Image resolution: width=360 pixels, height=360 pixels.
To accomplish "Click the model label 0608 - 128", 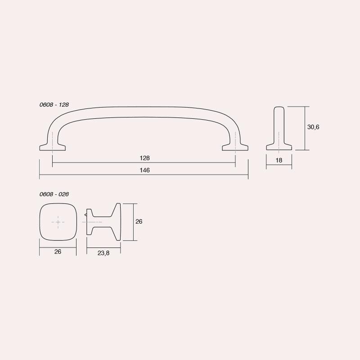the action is (x=54, y=105).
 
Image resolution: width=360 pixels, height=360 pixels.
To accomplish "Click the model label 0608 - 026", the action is (x=54, y=194).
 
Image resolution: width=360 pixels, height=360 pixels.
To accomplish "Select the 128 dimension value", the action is (x=144, y=158).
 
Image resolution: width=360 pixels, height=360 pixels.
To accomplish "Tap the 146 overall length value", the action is (x=144, y=170).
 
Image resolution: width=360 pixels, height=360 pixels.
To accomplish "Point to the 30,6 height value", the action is (x=313, y=127).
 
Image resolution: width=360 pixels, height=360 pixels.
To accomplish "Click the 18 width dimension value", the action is (x=279, y=160).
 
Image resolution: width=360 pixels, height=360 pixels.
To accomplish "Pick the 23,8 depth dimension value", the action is (x=103, y=253).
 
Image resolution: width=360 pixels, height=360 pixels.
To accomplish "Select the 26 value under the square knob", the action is (x=58, y=252).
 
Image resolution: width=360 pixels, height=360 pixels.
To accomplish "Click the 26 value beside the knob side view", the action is (x=139, y=221).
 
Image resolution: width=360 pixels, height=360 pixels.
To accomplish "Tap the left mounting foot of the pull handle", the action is (x=53, y=148).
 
